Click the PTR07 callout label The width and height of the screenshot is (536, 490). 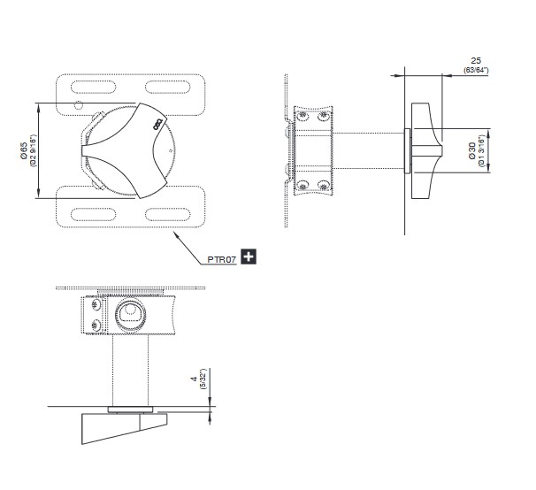click(221, 259)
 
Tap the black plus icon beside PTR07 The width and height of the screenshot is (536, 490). click(249, 256)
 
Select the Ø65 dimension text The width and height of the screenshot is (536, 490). click(24, 150)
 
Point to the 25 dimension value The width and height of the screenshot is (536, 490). click(476, 61)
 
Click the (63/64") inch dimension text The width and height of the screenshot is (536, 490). click(476, 71)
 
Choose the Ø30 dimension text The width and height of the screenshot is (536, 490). click(472, 150)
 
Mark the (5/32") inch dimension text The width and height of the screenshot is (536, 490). click(203, 379)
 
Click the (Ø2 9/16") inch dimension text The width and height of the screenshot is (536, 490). click(33, 150)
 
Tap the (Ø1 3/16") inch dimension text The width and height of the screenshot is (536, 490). click(481, 150)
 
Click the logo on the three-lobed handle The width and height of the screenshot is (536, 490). click(158, 124)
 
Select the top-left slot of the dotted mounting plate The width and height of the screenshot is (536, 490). click(94, 87)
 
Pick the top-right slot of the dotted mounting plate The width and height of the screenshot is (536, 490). click(167, 87)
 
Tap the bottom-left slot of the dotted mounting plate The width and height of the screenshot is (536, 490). click(94, 214)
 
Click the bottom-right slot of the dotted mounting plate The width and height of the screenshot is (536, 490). click(167, 214)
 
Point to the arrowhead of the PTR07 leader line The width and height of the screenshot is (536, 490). click(175, 234)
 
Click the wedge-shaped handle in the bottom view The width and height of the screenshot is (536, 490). click(123, 426)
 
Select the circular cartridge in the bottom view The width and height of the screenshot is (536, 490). click(130, 314)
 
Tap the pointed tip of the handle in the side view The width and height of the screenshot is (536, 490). click(442, 150)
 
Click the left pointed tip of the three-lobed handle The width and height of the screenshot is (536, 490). click(82, 150)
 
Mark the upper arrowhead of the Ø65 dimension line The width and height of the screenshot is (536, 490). click(38, 106)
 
